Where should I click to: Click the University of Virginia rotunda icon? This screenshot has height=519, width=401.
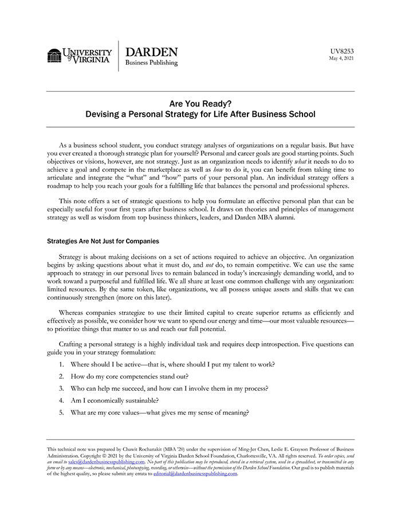[x=54, y=56]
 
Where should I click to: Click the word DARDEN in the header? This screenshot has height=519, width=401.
[x=151, y=52]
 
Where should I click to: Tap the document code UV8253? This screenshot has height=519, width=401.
[x=342, y=50]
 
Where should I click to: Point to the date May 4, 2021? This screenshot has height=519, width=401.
[x=342, y=58]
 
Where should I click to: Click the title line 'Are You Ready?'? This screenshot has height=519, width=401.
[x=200, y=104]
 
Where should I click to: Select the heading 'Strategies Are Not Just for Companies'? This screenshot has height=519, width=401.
[x=103, y=241]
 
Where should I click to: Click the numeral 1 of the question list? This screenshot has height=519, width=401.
[x=61, y=364]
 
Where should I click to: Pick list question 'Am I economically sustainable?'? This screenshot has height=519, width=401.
[x=115, y=400]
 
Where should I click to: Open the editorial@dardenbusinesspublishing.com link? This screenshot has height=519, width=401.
[x=195, y=474]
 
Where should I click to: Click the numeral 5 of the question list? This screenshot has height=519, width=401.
[x=61, y=412]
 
